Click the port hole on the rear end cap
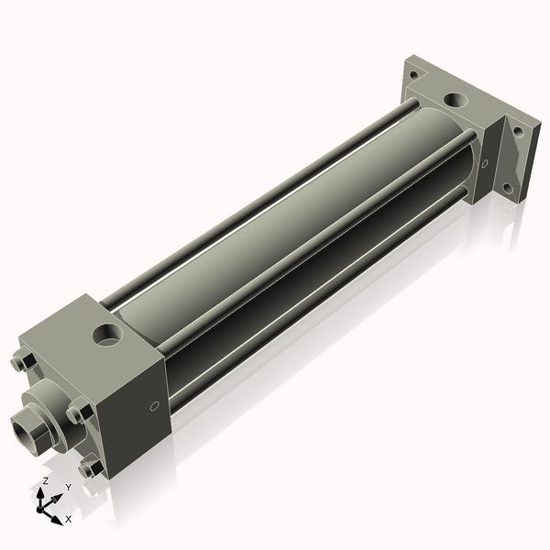(x=454, y=99)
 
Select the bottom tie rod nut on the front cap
(x=90, y=468)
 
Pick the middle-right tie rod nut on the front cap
(x=80, y=412)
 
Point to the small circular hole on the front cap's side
(x=154, y=405)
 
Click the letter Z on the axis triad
(x=45, y=480)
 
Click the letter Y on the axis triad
(x=68, y=488)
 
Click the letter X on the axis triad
(x=69, y=519)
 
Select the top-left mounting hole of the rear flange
(x=413, y=74)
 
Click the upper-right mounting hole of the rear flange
(x=518, y=131)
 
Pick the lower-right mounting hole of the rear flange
(x=507, y=189)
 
